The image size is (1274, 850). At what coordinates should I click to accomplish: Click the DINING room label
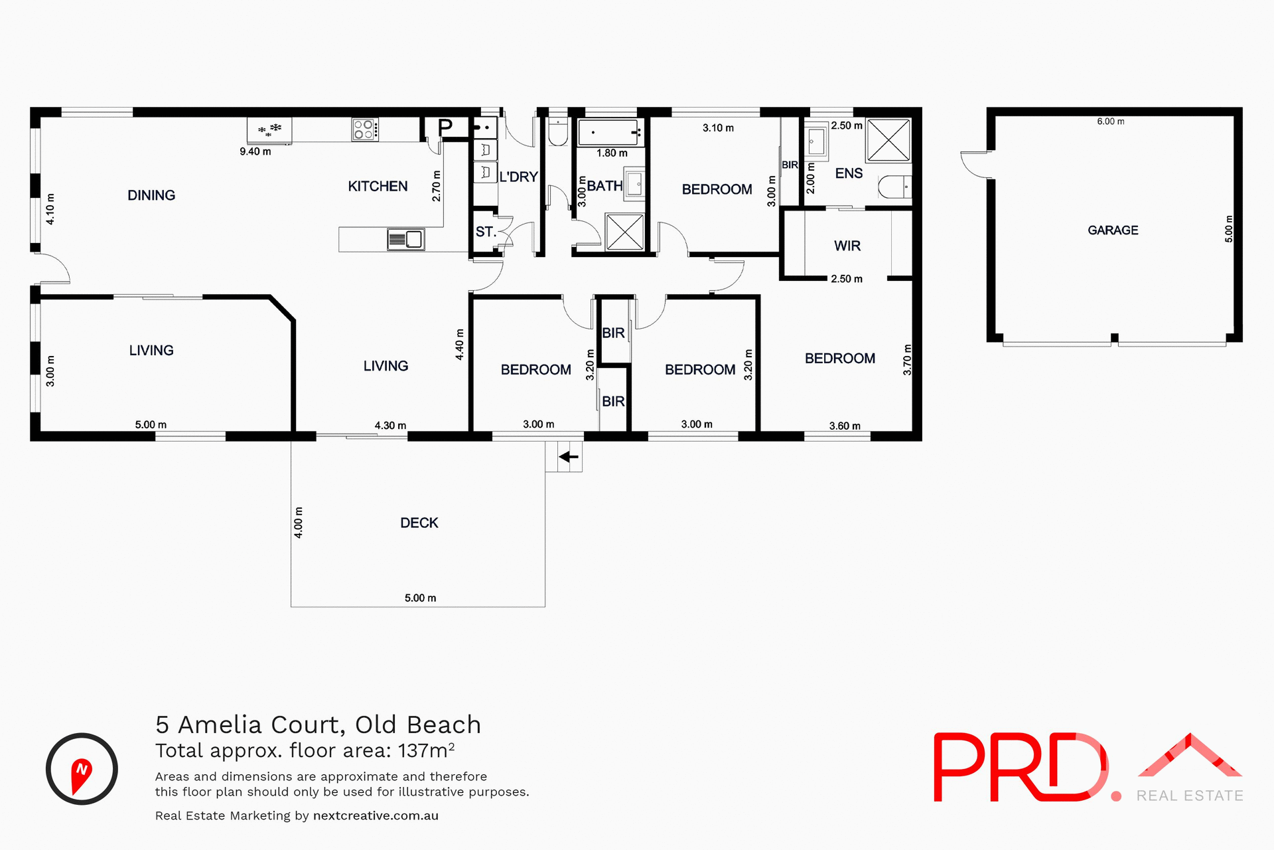tap(151, 195)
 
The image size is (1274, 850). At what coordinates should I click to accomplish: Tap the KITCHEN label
tap(378, 187)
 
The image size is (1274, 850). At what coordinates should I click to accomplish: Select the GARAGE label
tap(1113, 230)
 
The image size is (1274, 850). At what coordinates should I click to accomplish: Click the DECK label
tap(419, 523)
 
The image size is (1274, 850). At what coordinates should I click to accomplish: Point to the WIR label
tap(847, 246)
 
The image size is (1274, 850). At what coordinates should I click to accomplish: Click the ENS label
tap(849, 173)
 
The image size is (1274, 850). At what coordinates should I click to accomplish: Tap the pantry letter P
tap(445, 126)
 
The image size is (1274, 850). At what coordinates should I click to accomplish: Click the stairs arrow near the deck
tap(569, 457)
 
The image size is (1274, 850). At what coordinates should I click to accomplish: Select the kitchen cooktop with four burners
tap(365, 129)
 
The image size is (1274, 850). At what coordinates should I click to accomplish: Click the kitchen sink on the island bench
tap(406, 239)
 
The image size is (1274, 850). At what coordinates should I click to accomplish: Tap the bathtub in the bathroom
tap(608, 132)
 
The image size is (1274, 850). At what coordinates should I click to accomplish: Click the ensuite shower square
tap(888, 139)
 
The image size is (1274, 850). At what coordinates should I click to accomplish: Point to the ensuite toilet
tap(895, 187)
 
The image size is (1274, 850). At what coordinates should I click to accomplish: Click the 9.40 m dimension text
tap(255, 151)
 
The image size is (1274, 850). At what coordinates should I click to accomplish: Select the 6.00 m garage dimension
tap(1110, 122)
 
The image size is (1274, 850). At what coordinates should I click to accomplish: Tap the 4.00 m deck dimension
tap(299, 522)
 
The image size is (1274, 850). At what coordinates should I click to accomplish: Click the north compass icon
tap(82, 769)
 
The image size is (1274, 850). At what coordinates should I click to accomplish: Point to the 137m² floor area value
tap(426, 750)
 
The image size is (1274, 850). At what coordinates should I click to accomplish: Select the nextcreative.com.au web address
tap(376, 815)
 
